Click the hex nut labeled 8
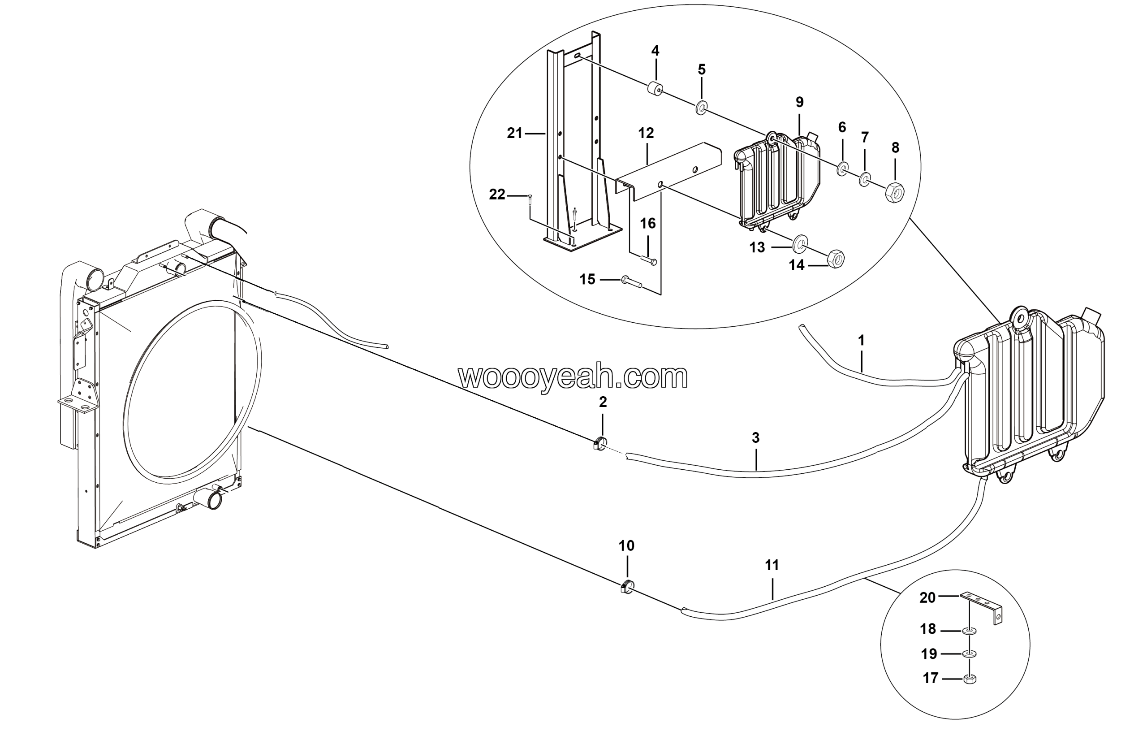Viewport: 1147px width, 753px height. pyautogui.click(x=894, y=192)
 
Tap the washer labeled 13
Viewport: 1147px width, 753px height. pyautogui.click(x=801, y=243)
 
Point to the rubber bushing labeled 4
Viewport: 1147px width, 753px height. pyautogui.click(x=655, y=90)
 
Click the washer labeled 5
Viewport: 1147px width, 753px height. pyautogui.click(x=701, y=108)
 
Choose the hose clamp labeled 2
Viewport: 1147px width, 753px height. pyautogui.click(x=600, y=442)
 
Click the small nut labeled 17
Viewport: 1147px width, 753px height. pyautogui.click(x=970, y=679)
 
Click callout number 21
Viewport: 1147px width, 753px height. pyautogui.click(x=515, y=133)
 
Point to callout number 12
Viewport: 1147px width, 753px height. pyautogui.click(x=646, y=133)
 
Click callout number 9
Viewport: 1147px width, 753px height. pyautogui.click(x=799, y=102)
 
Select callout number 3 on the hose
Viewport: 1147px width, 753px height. pyautogui.click(x=756, y=438)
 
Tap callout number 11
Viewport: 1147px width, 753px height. pyautogui.click(x=772, y=565)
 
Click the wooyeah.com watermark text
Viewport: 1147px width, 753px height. pyautogui.click(x=573, y=377)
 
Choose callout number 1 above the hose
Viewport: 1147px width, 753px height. pyautogui.click(x=861, y=341)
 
